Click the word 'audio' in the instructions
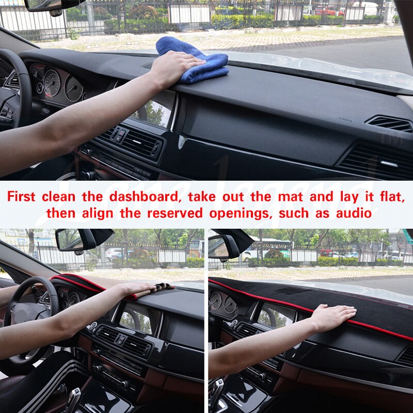[x=354, y=213]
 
